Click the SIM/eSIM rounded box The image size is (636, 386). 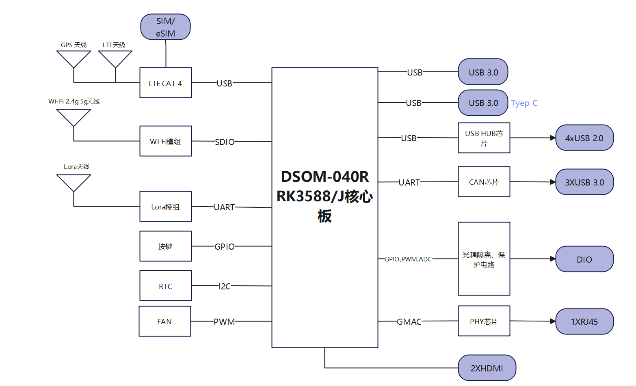pos(165,27)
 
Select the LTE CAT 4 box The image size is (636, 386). pos(165,83)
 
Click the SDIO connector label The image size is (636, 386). pos(225,142)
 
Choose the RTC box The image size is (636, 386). pos(165,286)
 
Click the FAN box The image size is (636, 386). pos(164,321)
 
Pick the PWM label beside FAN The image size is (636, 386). pos(224,321)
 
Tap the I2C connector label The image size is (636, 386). pos(225,286)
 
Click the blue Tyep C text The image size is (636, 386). pos(524,103)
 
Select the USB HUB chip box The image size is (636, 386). pos(484,138)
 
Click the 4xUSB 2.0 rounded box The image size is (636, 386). pos(584,138)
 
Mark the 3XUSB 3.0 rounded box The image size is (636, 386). pos(584,182)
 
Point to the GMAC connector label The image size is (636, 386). pos(409,321)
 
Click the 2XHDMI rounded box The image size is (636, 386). pos(487,368)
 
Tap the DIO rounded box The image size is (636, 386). pos(584,259)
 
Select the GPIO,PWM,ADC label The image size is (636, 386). pos(408,259)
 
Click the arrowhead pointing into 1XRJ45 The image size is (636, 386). pos(553,321)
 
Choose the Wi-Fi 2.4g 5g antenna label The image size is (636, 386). pos(74,101)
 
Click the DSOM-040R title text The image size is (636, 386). pos(325,177)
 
